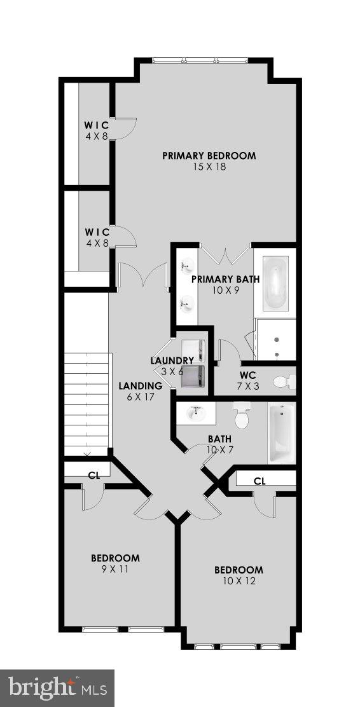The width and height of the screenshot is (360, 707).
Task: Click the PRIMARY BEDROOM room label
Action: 209,155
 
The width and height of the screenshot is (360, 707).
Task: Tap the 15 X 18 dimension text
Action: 209,167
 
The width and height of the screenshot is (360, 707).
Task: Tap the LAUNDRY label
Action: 172,360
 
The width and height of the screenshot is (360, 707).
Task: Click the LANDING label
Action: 141,386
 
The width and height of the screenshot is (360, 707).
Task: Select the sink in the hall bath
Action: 196,413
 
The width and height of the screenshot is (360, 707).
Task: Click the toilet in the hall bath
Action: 242,416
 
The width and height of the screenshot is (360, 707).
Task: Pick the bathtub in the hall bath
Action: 280,434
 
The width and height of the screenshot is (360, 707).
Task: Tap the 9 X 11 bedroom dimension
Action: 115,570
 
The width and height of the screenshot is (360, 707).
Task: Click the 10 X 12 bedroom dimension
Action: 238,581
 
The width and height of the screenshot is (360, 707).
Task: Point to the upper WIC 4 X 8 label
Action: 97,130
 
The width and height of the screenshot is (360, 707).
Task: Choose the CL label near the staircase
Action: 93,474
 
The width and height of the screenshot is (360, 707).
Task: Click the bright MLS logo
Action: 57,687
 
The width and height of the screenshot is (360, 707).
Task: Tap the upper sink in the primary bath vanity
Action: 187,266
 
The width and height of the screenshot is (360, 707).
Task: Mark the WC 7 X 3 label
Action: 248,380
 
